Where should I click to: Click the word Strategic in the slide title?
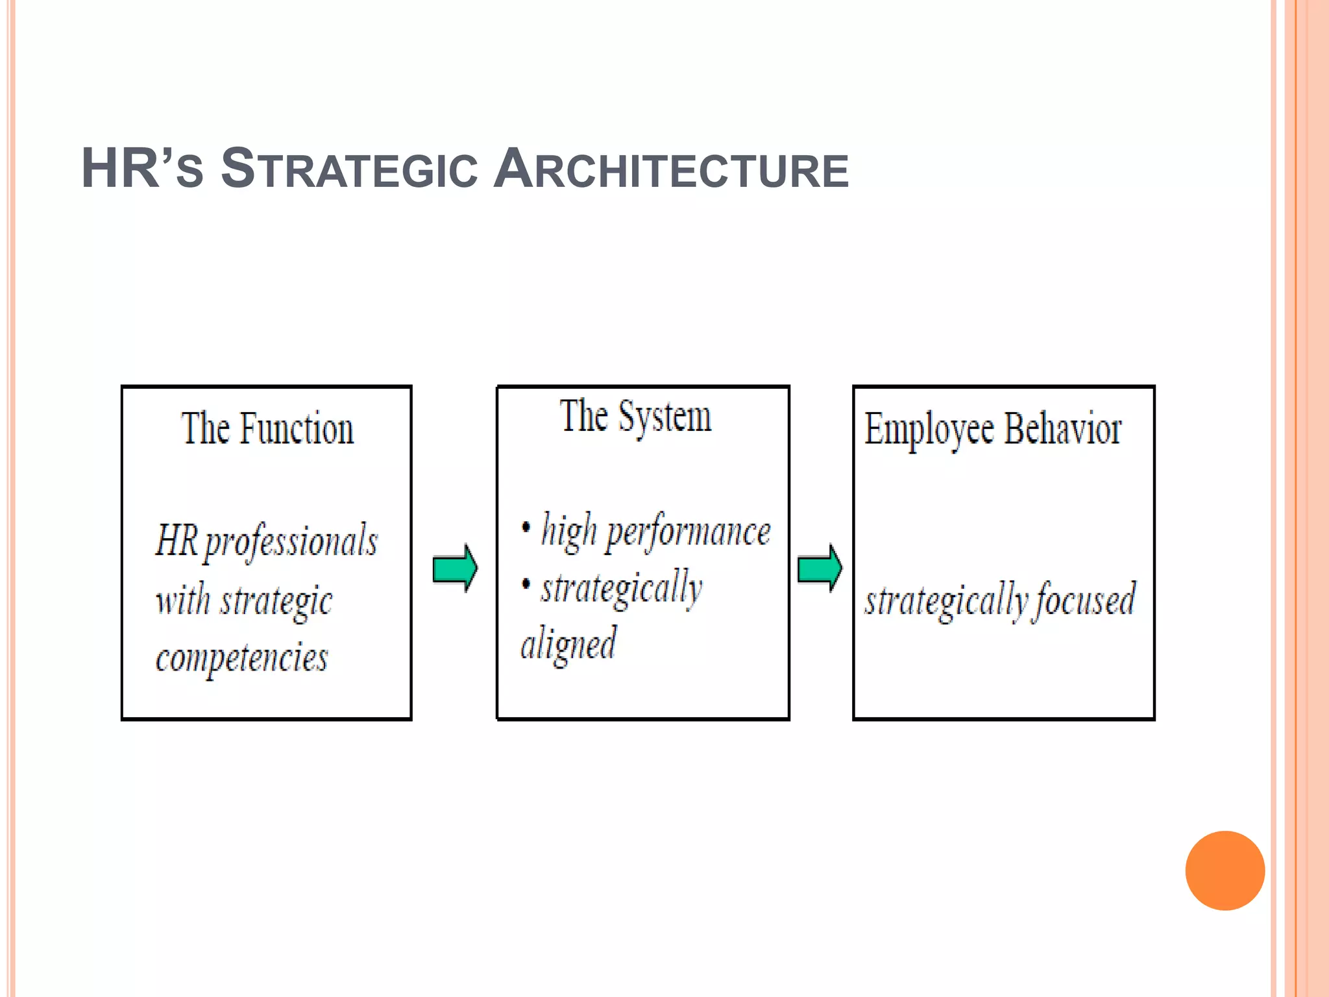[349, 169]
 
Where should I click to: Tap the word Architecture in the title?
[671, 169]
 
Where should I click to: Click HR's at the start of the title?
[142, 169]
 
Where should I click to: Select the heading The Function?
[267, 429]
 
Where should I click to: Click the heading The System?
[635, 417]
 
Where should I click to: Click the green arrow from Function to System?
[455, 569]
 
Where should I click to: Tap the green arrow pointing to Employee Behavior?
[820, 569]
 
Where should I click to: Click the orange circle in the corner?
[1225, 870]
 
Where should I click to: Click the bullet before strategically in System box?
[526, 583]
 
